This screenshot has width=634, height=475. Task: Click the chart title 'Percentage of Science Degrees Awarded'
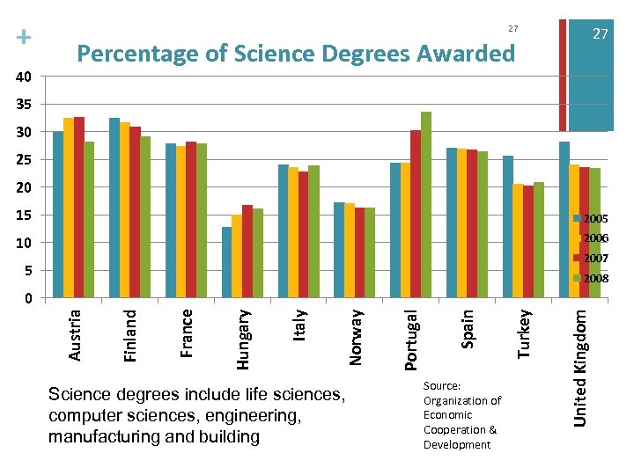point(296,54)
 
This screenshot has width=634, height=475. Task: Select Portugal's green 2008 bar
point(426,205)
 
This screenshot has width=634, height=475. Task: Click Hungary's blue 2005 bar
point(226,262)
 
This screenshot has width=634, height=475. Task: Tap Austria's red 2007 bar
point(79,208)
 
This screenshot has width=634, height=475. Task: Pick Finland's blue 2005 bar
point(114,208)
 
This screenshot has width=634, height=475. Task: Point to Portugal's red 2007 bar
point(416,214)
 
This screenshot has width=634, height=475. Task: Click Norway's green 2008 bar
point(370,252)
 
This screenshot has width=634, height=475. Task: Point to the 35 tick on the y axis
point(24,105)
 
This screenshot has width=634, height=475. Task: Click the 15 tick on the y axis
point(24,216)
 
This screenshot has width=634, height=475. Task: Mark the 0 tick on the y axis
point(27,298)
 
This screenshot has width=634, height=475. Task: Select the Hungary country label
point(244,336)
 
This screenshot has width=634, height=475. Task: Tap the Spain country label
point(468,325)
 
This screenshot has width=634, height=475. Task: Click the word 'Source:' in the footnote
point(442,385)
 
